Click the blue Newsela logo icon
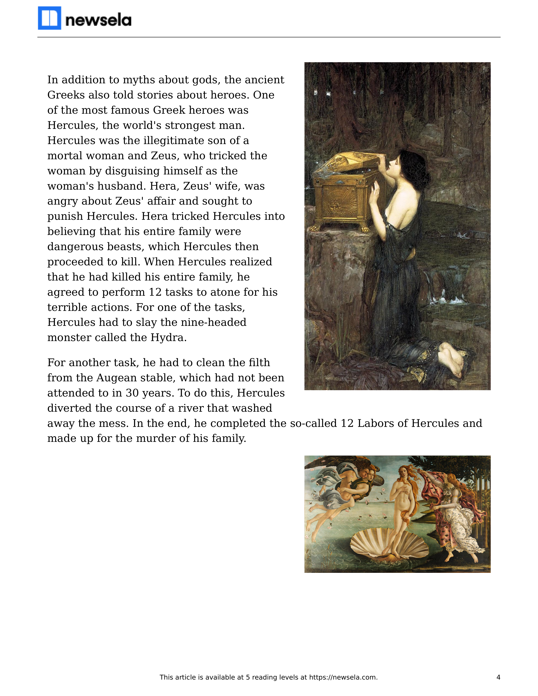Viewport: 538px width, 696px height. pyautogui.click(x=49, y=18)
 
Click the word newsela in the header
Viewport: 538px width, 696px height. pyautogui.click(x=98, y=20)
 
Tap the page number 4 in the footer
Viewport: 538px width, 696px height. pyautogui.click(x=498, y=677)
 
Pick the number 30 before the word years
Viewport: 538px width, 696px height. pyautogui.click(x=132, y=393)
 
